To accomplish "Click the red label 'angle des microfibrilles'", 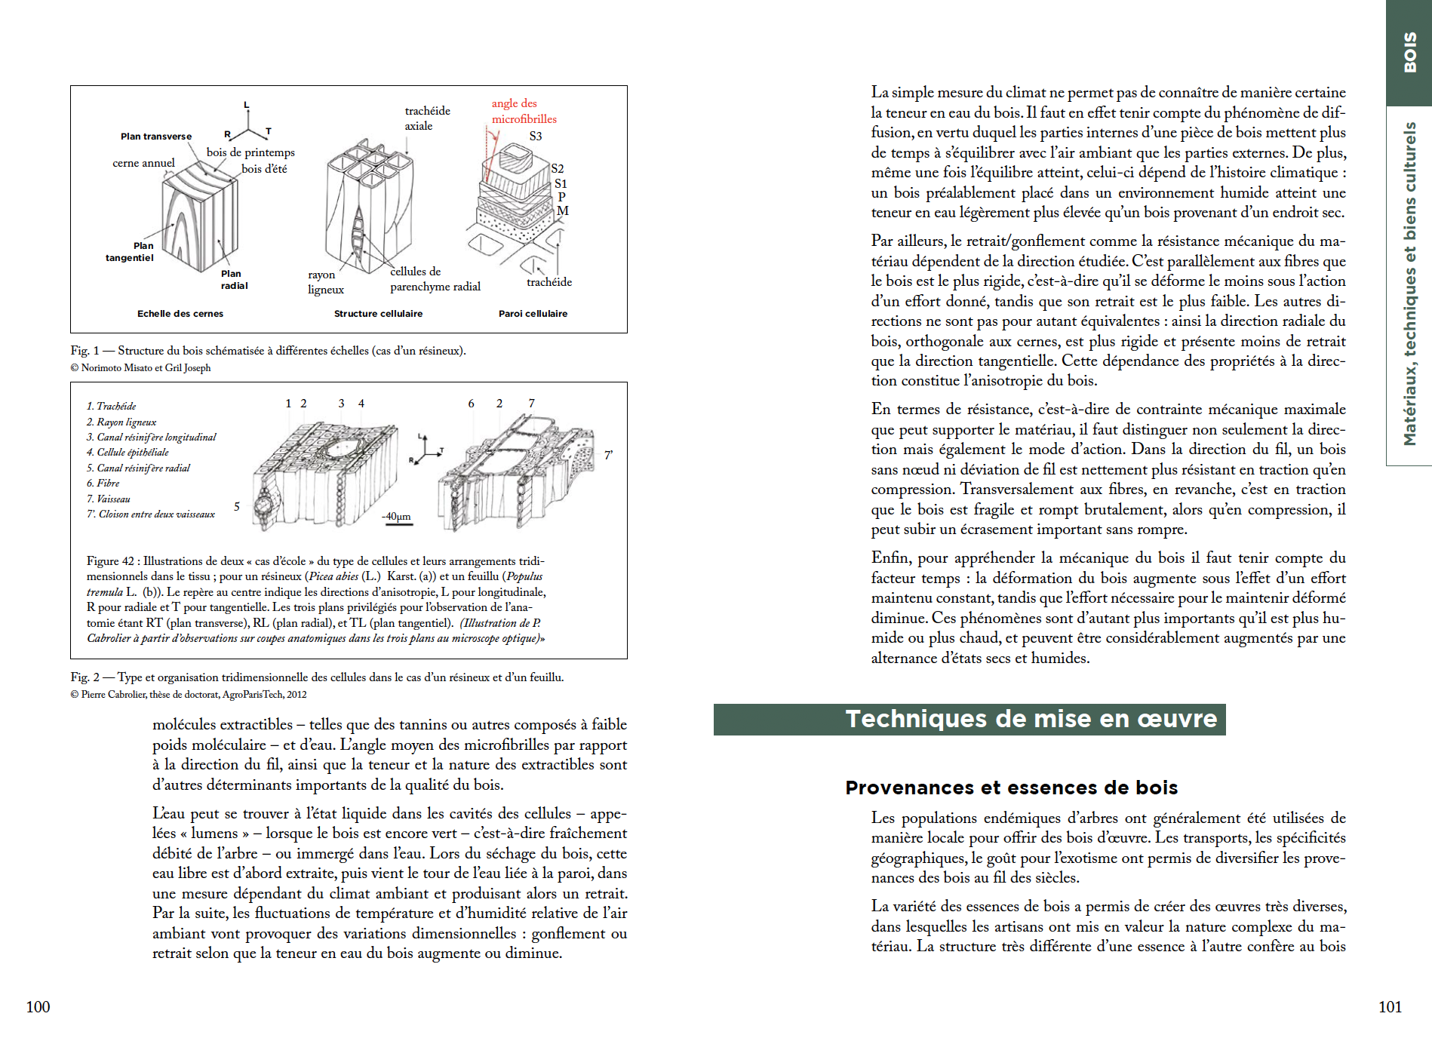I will point(524,111).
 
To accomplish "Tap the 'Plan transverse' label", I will point(156,137).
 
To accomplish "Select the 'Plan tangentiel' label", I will point(130,252).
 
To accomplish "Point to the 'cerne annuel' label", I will point(143,163).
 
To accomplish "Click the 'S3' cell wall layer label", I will point(535,137).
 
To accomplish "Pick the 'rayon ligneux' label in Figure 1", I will point(325,282).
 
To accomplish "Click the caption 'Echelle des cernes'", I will point(180,314).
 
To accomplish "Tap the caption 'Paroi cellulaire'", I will point(533,314).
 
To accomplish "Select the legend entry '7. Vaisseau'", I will point(108,499).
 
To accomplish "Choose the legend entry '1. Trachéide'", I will point(111,407).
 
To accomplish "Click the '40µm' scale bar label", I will point(397,517).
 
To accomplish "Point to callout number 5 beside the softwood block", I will point(237,506).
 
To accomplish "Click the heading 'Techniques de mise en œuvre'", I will point(1031,719).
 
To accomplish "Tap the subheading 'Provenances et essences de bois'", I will point(1011,788).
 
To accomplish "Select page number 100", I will point(38,1007).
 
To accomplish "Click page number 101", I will point(1390,1007).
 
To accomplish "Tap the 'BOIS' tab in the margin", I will point(1409,52).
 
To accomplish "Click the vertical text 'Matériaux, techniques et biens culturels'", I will point(1409,284).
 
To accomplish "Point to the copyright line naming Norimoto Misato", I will point(140,368).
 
